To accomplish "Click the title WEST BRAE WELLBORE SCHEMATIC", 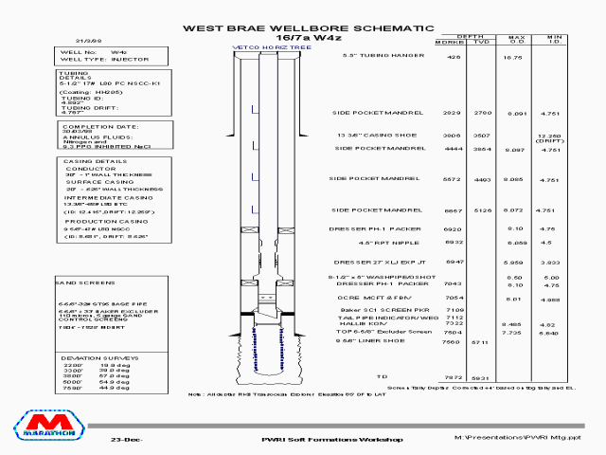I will (x=309, y=28).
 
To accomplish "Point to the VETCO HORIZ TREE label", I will (x=262, y=46).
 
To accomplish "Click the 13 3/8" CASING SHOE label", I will (x=375, y=136).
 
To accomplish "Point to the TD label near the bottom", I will (x=383, y=377).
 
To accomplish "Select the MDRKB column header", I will (x=449, y=44).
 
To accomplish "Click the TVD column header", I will (x=481, y=44).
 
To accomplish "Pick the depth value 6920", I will (x=453, y=229).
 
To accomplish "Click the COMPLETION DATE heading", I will (x=94, y=126).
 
